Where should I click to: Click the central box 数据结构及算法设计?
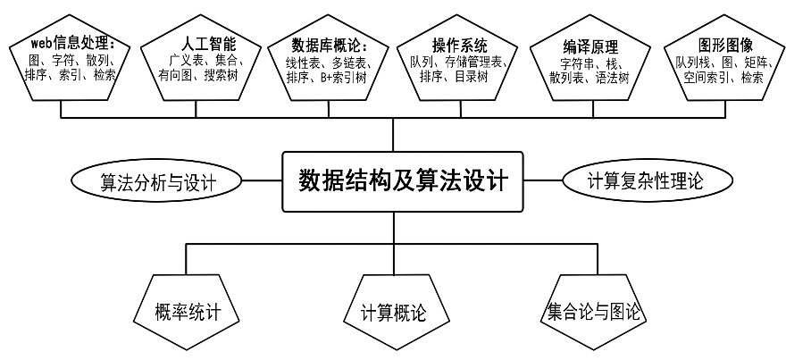pyautogui.click(x=402, y=181)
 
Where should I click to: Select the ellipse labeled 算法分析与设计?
pyautogui.click(x=158, y=182)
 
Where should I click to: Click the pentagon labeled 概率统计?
pyautogui.click(x=187, y=312)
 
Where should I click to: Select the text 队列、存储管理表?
pyautogui.click(x=457, y=61)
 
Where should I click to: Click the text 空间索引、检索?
pyautogui.click(x=719, y=77)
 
